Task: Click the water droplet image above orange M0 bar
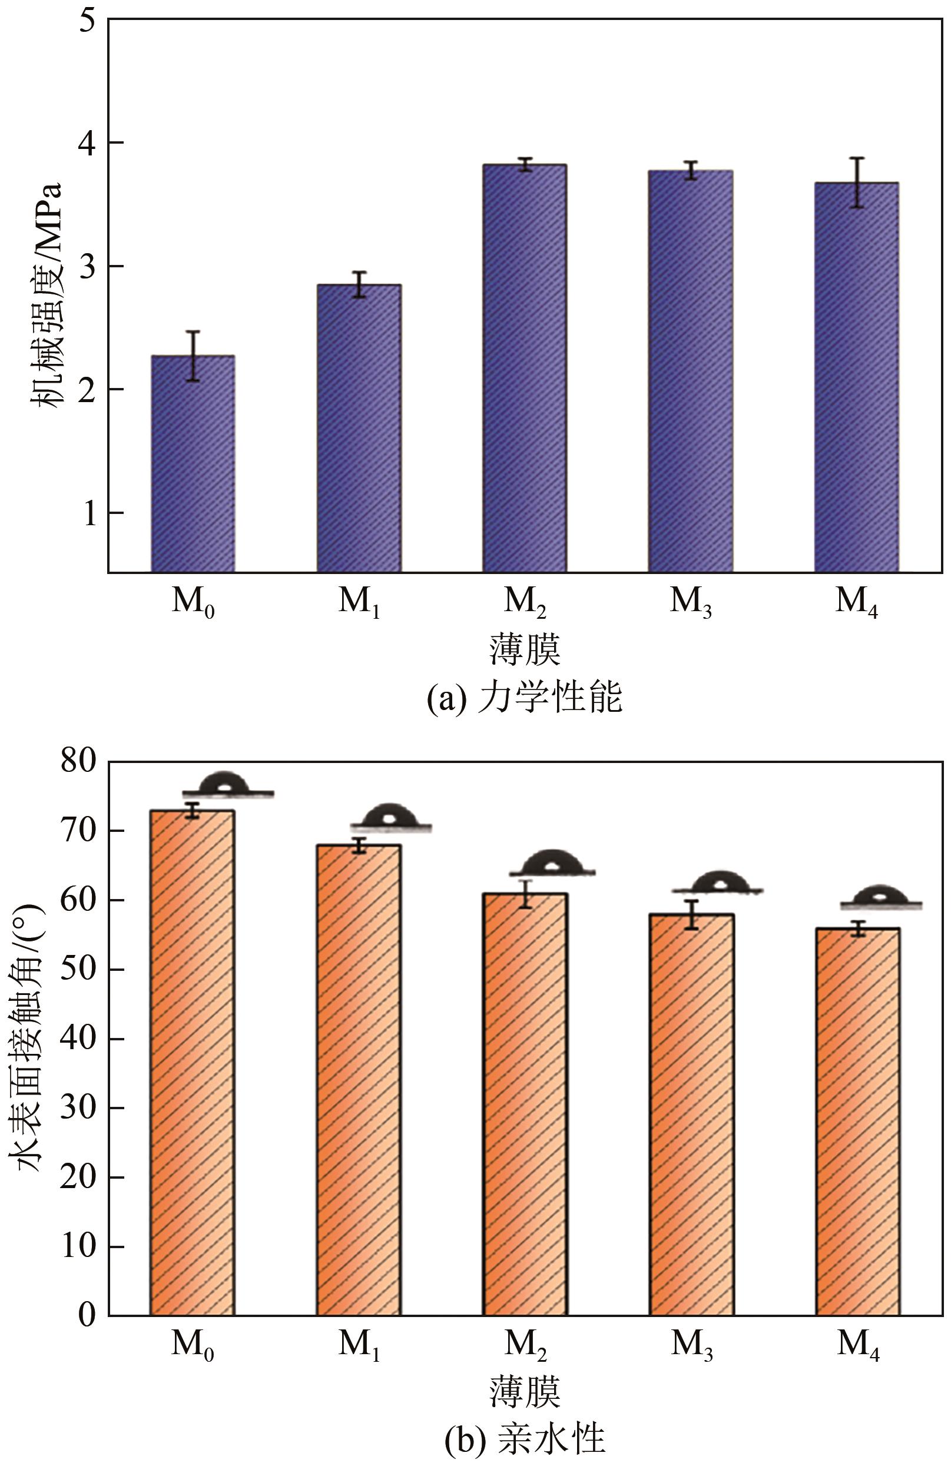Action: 227,785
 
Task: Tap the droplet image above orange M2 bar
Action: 552,863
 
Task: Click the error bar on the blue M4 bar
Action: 856,183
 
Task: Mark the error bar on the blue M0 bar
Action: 193,356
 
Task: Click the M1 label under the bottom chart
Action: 359,1345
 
